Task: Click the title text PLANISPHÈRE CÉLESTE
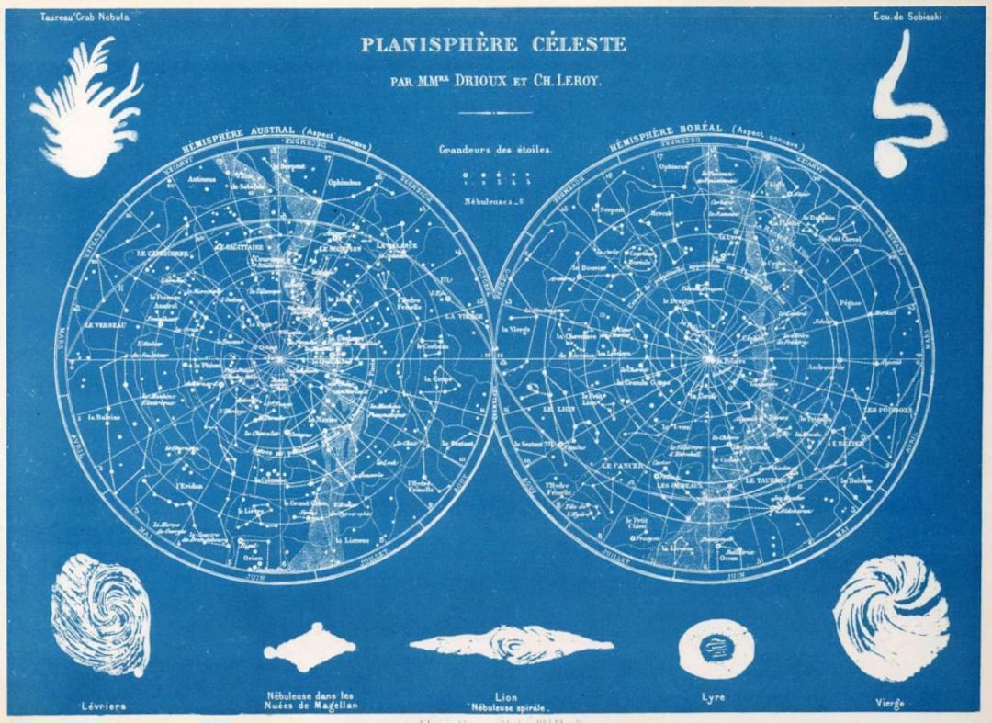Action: point(493,44)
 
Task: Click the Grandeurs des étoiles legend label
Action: point(495,149)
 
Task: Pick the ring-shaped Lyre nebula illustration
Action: point(716,647)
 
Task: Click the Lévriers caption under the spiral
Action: point(102,706)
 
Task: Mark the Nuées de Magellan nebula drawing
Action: point(310,649)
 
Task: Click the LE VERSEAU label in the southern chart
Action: point(107,325)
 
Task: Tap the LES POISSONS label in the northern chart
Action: point(887,410)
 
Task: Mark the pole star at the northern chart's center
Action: point(709,357)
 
